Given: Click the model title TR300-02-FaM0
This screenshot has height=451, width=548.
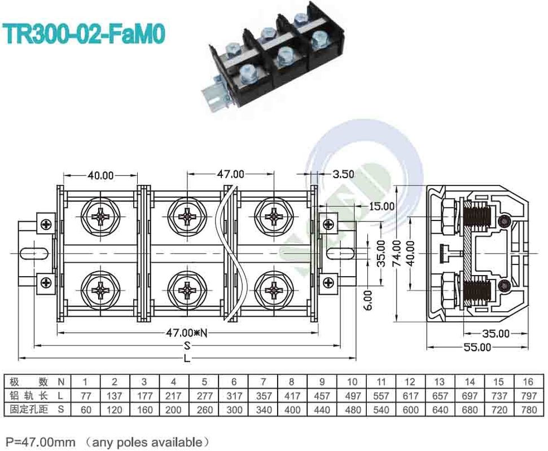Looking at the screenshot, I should point(85,33).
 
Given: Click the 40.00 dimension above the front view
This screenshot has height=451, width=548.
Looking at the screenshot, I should point(100,175).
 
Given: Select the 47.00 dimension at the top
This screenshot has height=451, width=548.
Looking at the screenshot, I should point(230,174).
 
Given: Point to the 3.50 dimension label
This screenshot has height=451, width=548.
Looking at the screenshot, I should point(343,174).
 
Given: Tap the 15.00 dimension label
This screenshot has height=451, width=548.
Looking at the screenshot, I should point(382,206).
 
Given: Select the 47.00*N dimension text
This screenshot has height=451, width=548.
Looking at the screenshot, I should point(187,333).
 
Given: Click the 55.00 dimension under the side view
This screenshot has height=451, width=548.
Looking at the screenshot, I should point(477,347).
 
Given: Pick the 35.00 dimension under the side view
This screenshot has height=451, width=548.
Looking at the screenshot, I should point(495,334).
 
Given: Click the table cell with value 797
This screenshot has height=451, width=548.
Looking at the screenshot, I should point(529,396).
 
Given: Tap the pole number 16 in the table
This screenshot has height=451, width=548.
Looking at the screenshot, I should point(529,382).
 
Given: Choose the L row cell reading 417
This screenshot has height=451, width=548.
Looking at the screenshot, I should point(292,396).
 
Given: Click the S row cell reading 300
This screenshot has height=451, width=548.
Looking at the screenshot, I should point(233,410).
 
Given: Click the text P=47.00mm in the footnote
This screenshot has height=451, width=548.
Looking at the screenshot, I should point(40,441).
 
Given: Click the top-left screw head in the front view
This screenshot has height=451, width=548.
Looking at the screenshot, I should point(100,216).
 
